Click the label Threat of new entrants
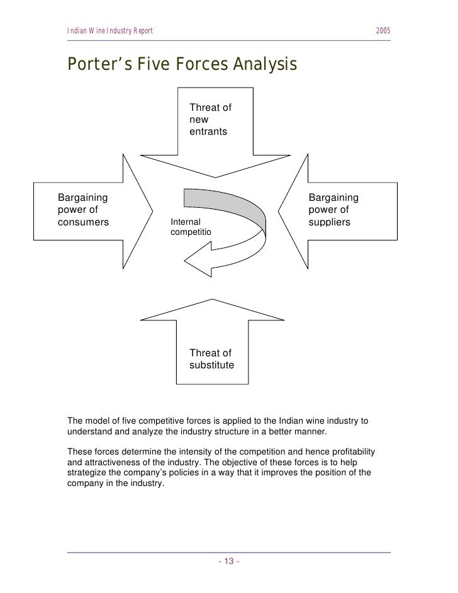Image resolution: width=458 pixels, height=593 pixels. [x=210, y=120]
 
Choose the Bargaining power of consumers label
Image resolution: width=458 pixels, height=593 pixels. [x=83, y=210]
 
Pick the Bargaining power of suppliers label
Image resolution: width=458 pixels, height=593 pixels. [x=333, y=210]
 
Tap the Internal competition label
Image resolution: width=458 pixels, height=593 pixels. [x=191, y=227]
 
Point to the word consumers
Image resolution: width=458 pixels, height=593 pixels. [x=83, y=222]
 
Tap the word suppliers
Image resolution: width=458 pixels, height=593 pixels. [x=329, y=222]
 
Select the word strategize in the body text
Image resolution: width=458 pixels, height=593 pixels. [x=86, y=473]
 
